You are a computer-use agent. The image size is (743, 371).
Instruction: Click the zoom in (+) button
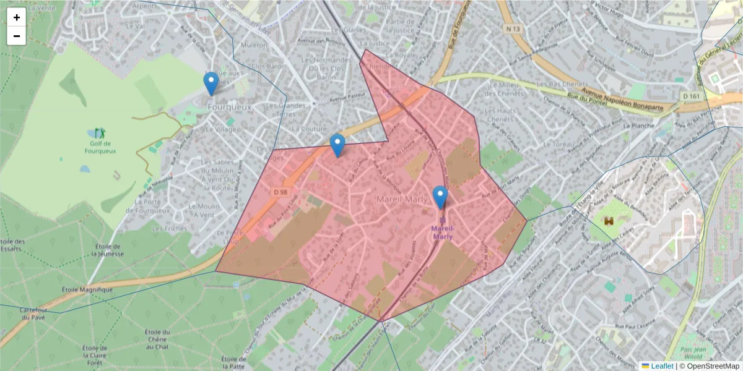(x=17, y=17)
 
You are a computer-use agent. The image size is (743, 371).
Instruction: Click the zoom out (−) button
(x=17, y=36)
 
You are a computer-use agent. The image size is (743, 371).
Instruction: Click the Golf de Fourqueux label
(x=100, y=147)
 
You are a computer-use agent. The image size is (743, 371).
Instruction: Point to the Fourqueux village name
(x=230, y=107)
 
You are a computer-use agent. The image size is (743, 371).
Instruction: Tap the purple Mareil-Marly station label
(x=442, y=232)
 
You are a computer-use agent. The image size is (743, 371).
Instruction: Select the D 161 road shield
(x=692, y=96)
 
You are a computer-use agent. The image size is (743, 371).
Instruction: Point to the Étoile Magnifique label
(x=87, y=289)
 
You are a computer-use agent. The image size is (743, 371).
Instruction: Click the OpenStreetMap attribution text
(x=711, y=366)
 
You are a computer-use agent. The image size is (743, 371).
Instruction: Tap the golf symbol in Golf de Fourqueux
(x=100, y=132)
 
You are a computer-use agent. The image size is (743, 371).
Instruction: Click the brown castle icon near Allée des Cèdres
(x=609, y=221)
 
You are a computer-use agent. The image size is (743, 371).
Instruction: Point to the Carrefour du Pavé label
(x=33, y=313)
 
